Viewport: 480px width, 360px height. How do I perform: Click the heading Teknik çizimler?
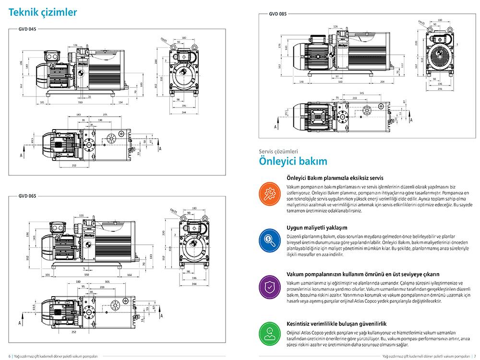click(43, 12)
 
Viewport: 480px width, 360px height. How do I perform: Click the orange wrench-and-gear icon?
click(268, 192)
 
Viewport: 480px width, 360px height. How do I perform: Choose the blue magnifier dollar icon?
click(268, 239)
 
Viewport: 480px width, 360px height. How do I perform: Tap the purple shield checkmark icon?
click(268, 286)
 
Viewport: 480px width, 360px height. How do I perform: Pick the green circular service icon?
click(268, 332)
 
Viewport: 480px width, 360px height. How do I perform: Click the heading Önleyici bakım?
click(293, 161)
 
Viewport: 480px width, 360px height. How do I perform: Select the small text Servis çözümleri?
click(278, 151)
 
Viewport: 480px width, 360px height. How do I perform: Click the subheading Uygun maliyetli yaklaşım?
click(317, 228)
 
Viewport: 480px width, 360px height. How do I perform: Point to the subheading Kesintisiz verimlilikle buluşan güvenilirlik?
click(336, 324)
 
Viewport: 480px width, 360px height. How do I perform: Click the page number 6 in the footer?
click(10, 356)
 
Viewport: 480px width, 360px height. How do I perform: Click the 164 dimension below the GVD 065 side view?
click(130, 276)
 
